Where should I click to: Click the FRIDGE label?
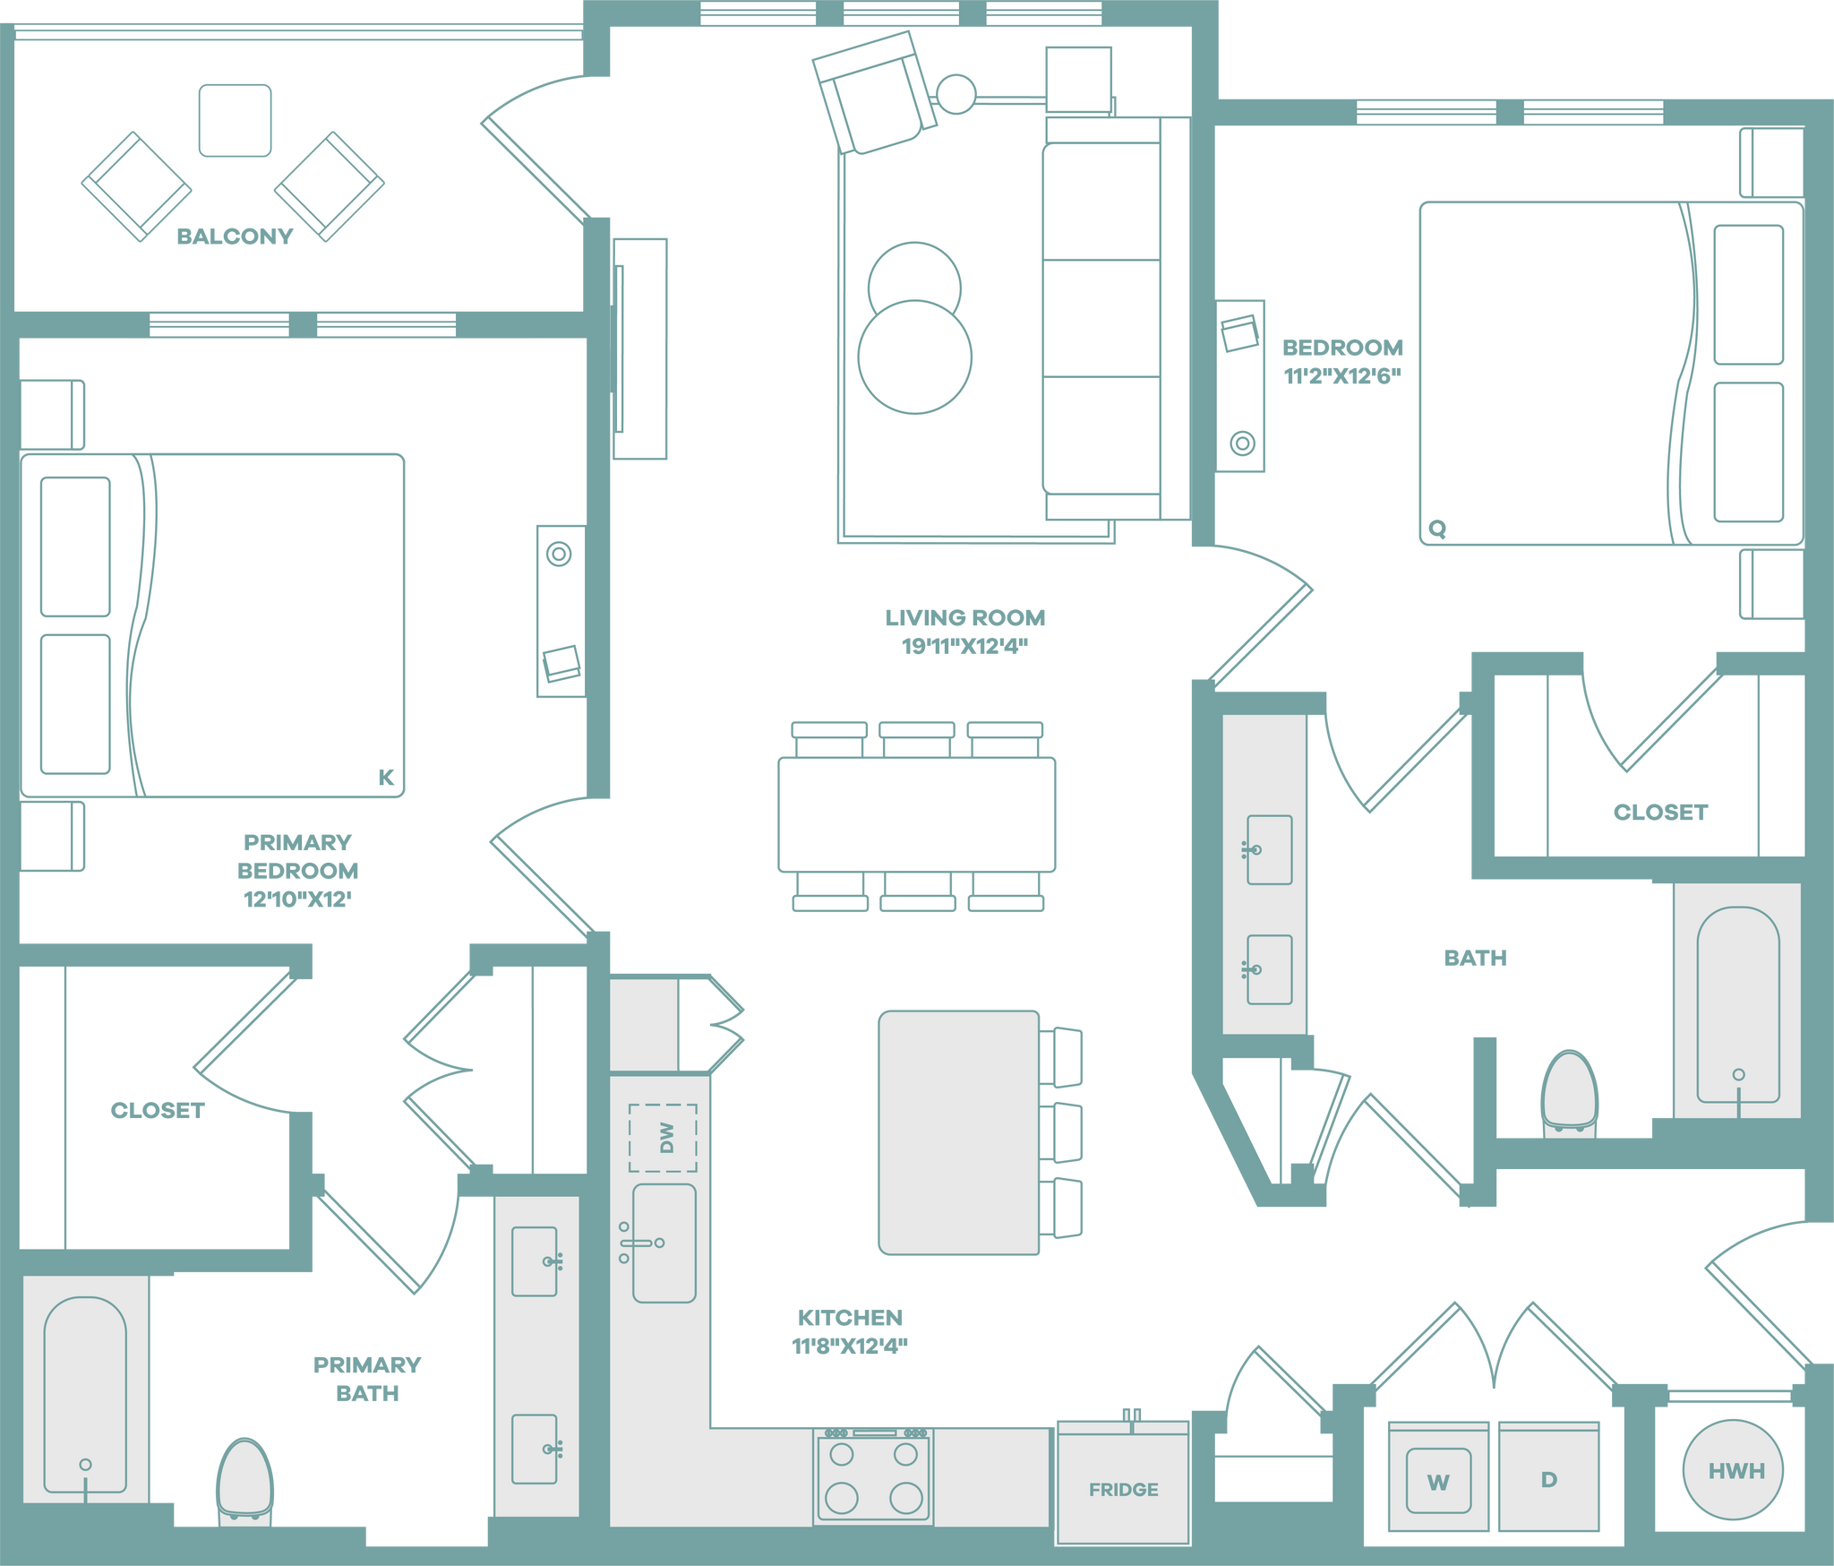click(1123, 1489)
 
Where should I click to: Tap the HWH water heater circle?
click(1734, 1470)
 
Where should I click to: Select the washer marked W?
click(1437, 1481)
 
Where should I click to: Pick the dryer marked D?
click(1548, 1479)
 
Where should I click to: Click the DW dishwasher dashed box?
click(663, 1138)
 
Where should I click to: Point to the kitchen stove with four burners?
click(873, 1477)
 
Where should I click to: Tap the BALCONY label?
click(236, 237)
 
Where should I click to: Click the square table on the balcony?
click(236, 120)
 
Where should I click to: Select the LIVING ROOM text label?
click(964, 618)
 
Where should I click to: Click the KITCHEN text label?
click(850, 1318)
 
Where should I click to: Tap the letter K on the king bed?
click(386, 777)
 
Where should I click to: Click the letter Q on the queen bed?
click(1437, 529)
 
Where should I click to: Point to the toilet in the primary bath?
click(244, 1478)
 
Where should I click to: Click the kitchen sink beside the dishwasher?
click(664, 1243)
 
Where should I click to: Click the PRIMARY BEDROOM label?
click(297, 870)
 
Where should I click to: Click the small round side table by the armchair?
click(956, 93)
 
